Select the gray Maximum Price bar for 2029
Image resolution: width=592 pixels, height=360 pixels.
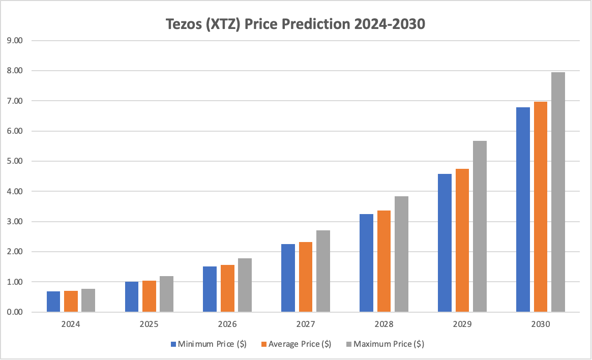pyautogui.click(x=480, y=226)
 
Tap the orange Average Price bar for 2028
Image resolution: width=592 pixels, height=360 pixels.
pyautogui.click(x=384, y=261)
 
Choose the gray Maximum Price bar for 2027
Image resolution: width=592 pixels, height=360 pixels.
pyautogui.click(x=323, y=271)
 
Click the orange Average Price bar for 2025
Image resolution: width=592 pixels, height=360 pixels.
pyautogui.click(x=149, y=296)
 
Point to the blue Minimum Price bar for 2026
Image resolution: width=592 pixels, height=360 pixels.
pyautogui.click(x=210, y=289)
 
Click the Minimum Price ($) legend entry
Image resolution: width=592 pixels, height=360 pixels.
pyautogui.click(x=209, y=344)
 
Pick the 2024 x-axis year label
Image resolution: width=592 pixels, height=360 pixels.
pyautogui.click(x=71, y=324)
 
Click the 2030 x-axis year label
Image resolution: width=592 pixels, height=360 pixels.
pyautogui.click(x=540, y=324)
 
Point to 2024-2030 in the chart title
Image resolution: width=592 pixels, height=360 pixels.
pyautogui.click(x=389, y=24)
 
